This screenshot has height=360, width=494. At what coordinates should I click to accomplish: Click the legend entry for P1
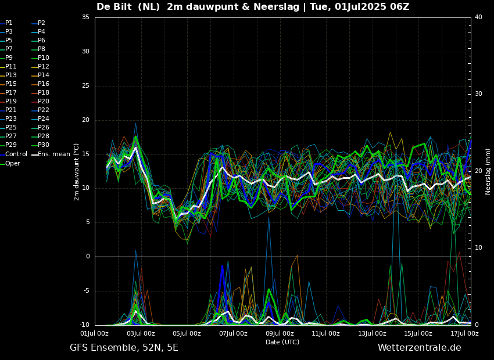point(6,23)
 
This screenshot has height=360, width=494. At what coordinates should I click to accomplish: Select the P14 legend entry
point(41,75)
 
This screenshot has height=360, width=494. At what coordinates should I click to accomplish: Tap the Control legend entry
point(13,154)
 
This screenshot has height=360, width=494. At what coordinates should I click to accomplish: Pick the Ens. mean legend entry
point(51,154)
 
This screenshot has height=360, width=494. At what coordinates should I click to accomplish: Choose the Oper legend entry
point(10,163)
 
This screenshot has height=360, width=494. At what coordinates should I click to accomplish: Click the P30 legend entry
point(41,145)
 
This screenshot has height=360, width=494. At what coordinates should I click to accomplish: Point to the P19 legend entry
point(8,102)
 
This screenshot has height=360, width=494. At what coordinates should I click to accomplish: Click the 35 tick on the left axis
point(85,17)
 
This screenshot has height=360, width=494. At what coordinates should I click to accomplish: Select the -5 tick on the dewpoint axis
point(87,291)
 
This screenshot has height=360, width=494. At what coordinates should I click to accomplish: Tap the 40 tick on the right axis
point(478,17)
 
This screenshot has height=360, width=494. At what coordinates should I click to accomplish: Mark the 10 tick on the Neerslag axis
point(478,248)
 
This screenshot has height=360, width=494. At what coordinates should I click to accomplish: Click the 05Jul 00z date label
point(187,333)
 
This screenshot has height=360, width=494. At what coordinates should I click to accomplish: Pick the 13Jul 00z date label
point(372,333)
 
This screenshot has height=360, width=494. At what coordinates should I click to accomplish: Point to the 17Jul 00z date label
point(464,333)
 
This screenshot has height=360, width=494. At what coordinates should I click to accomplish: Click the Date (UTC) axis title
point(282,342)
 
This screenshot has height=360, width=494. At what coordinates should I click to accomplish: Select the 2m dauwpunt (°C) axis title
point(77,172)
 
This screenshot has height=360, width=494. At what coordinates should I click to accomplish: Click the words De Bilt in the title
point(114,6)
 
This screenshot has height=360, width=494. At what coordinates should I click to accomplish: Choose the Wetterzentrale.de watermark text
point(420,348)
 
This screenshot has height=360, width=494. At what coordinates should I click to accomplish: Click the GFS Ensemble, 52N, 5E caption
point(124,348)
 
